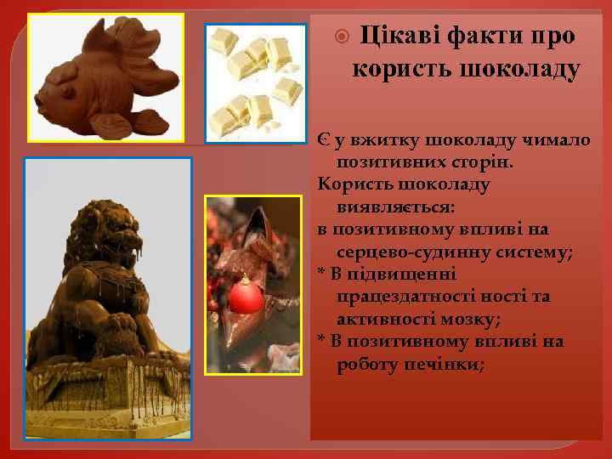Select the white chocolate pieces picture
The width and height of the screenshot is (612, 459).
click(x=256, y=82)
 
